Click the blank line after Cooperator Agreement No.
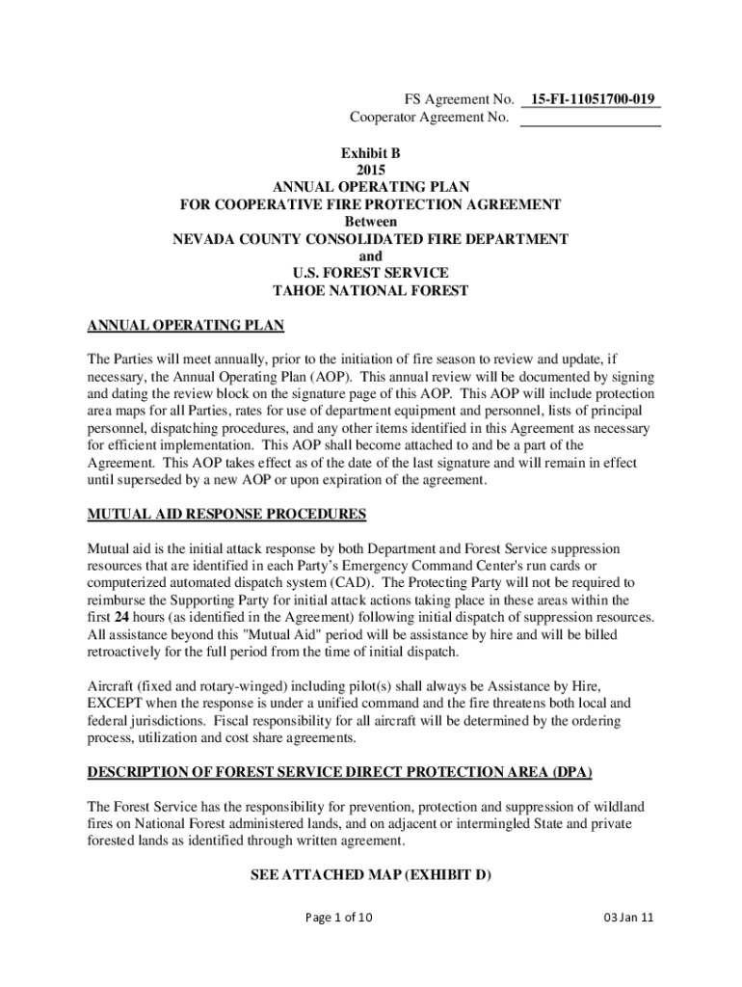590,119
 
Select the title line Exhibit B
370,152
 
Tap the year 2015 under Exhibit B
370,170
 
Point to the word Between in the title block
370,222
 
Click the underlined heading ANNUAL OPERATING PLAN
186,326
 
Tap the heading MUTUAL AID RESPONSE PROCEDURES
226,514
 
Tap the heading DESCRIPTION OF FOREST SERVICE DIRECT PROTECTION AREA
339,773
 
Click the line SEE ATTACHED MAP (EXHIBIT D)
370,875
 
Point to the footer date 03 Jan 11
626,918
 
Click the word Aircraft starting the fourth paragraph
113,686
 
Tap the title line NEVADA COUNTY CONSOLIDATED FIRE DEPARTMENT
370,239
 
